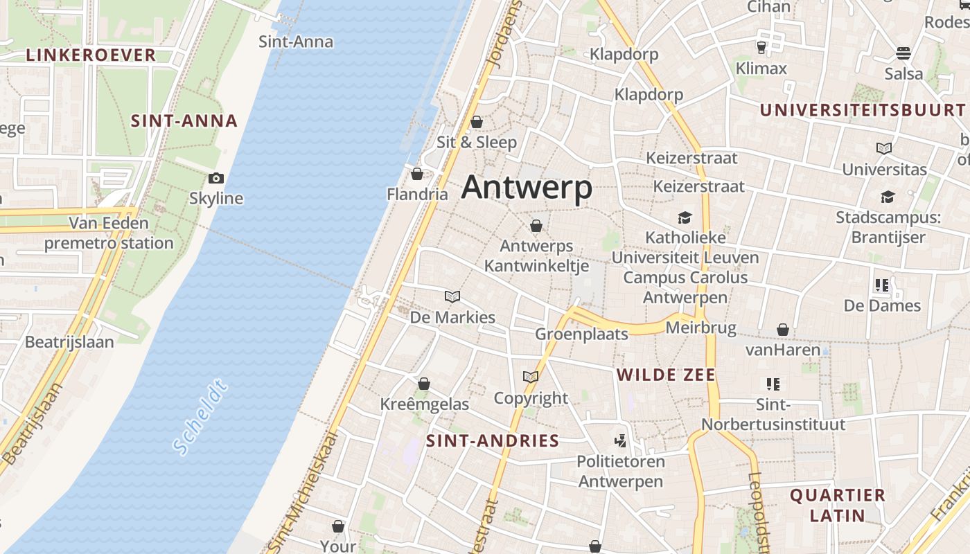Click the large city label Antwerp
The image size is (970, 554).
527,188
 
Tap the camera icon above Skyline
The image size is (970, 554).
216,179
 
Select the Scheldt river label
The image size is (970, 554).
201,417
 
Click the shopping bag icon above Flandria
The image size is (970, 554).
417,174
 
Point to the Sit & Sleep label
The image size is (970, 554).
477,143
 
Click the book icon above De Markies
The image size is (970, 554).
452,297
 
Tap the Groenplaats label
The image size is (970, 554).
581,334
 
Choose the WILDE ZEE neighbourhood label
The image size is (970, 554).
666,375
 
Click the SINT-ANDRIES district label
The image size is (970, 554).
492,441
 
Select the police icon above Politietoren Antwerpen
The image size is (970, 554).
621,440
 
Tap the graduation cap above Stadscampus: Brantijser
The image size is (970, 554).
888,197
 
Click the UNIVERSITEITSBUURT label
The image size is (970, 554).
863,110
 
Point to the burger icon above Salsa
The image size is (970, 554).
903,53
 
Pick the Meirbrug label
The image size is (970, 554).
700,328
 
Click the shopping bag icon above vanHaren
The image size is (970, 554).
783,330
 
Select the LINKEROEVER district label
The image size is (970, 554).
91,55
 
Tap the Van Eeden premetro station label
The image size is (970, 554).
109,233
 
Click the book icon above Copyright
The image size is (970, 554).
531,377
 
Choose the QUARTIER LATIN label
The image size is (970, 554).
838,505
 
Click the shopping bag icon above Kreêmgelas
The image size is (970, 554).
424,384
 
